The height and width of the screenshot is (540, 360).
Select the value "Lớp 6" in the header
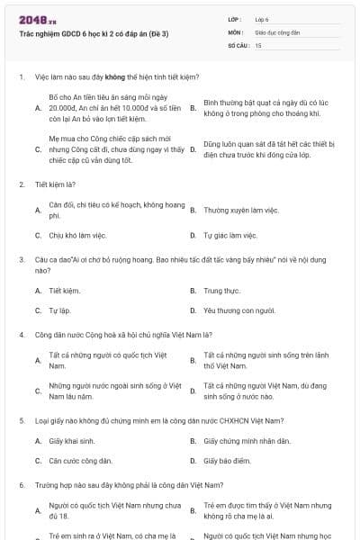click(x=262, y=18)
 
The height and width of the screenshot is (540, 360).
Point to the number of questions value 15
click(x=259, y=44)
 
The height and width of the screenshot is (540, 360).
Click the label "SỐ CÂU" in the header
click(x=237, y=44)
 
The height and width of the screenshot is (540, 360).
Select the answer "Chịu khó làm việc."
click(x=76, y=235)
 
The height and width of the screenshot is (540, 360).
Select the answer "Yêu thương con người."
click(x=238, y=310)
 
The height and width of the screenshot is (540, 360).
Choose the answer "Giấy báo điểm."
click(x=227, y=461)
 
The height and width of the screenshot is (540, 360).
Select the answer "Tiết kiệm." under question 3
click(x=65, y=291)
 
